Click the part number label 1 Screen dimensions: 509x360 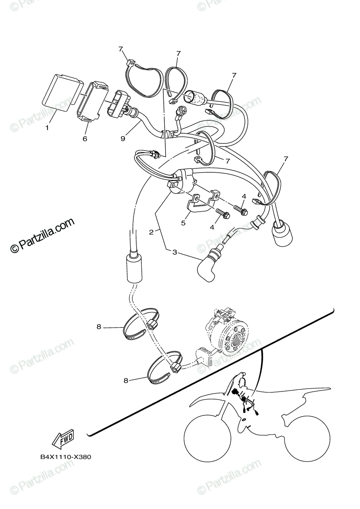(47, 127)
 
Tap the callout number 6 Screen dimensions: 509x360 (85, 138)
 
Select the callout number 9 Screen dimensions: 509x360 (123, 138)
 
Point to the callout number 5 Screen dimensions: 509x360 (183, 223)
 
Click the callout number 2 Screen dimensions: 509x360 (151, 232)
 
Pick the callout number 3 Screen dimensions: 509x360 (174, 252)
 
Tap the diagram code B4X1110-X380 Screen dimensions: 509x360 (66, 457)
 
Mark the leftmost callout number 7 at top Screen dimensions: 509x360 (121, 49)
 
